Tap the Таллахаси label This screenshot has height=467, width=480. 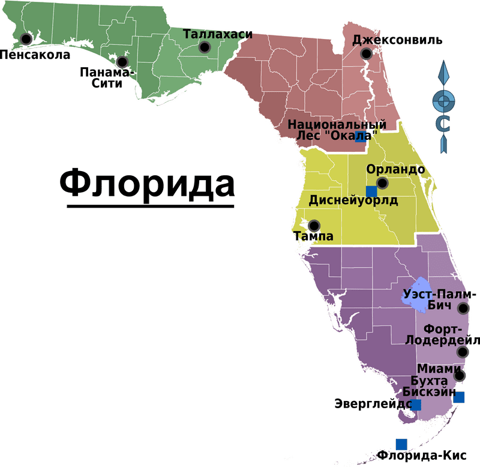(x=217, y=34)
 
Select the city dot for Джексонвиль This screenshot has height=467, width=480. (x=366, y=54)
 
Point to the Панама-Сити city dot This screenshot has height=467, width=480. (x=122, y=62)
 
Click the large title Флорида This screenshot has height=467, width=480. (x=147, y=184)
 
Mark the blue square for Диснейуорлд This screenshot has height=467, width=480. (x=371, y=191)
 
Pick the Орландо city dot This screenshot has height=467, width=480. (x=382, y=183)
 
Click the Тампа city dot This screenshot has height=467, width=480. (x=314, y=226)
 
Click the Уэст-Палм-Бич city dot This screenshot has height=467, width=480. (x=463, y=309)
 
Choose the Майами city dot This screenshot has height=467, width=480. (x=460, y=376)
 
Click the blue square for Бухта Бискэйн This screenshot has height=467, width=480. (x=459, y=397)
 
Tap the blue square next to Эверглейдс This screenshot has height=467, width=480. (x=415, y=405)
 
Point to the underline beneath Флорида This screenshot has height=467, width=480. (x=150, y=206)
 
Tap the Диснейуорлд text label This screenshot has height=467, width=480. (x=353, y=201)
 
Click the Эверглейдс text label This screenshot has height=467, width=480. (x=372, y=405)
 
